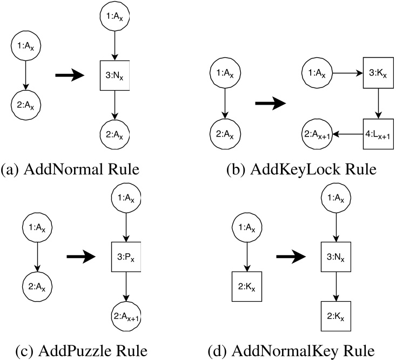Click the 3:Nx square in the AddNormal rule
pos(113,76)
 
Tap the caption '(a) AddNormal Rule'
pos(70,170)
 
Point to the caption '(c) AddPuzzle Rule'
pos(74,351)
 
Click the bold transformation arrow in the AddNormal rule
pos(71,76)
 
